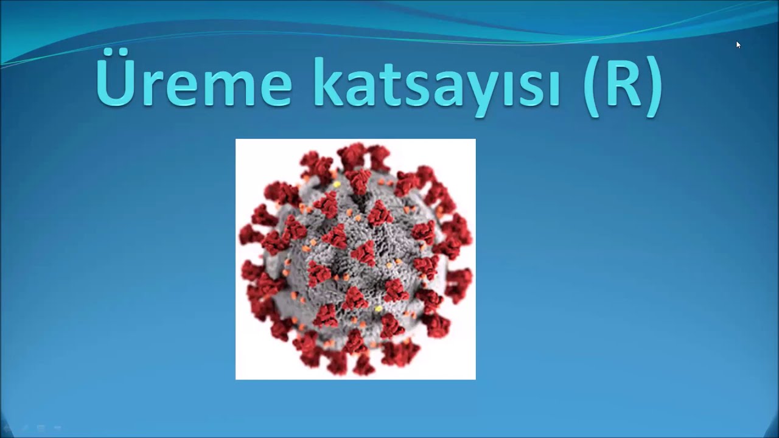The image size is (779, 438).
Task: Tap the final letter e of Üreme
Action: (x=274, y=89)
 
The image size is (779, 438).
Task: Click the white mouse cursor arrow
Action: (x=738, y=45)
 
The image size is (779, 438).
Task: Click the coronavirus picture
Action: (x=355, y=259)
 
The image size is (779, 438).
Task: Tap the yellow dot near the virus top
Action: (x=337, y=184)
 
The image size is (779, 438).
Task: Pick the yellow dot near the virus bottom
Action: (x=379, y=308)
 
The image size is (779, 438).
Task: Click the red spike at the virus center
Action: (x=364, y=253)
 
